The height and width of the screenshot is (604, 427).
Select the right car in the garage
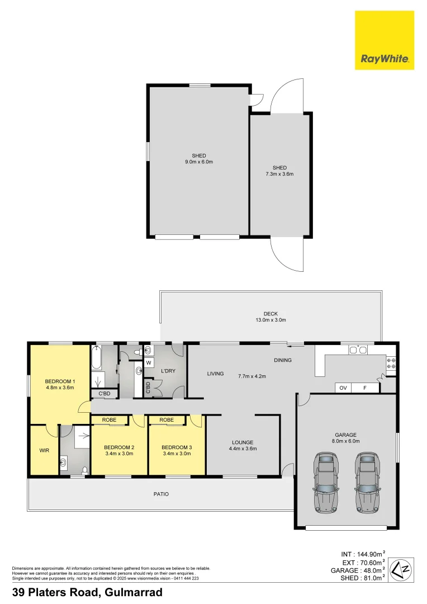[367, 482]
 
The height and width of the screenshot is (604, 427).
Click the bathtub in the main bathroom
[95, 358]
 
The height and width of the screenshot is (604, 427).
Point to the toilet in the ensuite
[84, 470]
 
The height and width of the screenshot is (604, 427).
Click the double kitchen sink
[358, 351]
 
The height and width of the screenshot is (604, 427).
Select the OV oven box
[343, 388]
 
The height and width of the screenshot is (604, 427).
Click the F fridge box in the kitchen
[365, 388]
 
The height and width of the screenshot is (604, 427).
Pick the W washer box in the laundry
[149, 363]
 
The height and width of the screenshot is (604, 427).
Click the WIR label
[44, 449]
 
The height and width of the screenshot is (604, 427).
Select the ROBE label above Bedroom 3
[167, 419]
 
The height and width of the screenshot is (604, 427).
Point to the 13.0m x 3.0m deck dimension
[271, 320]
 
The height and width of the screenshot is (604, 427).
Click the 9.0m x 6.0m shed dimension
[199, 162]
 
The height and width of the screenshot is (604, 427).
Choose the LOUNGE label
[243, 442]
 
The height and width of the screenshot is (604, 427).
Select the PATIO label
[161, 494]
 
